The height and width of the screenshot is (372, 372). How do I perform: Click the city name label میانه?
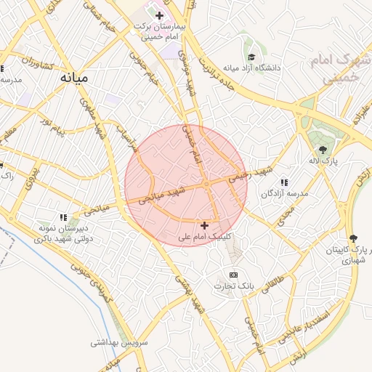tap(75, 76)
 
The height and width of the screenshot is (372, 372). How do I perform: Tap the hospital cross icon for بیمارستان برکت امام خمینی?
tap(159, 15)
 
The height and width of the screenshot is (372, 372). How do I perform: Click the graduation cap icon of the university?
tap(251, 57)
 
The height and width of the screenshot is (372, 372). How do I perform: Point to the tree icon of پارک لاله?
tap(323, 150)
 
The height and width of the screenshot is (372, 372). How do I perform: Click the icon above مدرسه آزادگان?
tap(283, 182)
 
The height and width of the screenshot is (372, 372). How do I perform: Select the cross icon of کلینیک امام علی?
tap(204, 226)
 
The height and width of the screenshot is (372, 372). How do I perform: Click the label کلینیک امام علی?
tap(207, 237)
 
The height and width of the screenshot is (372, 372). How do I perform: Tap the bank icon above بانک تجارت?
tap(233, 275)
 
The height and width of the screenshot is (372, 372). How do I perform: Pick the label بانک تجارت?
tap(232, 286)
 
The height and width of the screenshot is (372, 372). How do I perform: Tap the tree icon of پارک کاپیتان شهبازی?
tap(353, 238)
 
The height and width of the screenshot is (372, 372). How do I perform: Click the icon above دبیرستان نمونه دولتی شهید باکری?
tap(64, 217)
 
